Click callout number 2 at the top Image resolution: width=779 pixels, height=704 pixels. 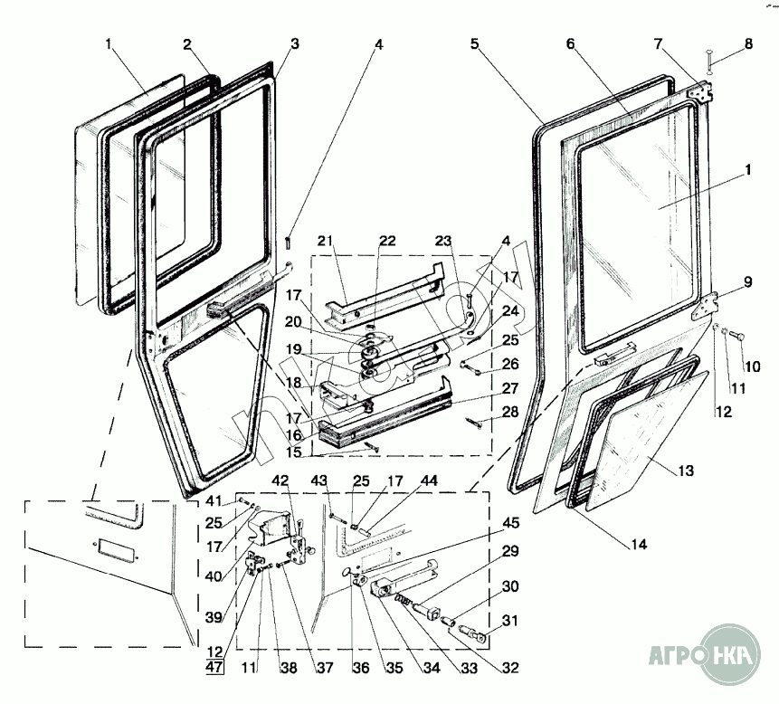pos(187,44)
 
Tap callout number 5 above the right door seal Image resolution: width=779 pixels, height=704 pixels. pos(475,43)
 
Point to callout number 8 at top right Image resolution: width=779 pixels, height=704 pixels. pos(748,43)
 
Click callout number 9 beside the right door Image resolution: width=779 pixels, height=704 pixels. pos(747,281)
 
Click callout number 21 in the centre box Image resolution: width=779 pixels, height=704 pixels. pos(326,241)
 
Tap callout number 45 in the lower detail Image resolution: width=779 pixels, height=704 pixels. pos(511,522)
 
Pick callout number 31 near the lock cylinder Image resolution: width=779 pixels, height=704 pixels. pos(511,620)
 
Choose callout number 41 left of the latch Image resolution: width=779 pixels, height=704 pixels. pos(212,501)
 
